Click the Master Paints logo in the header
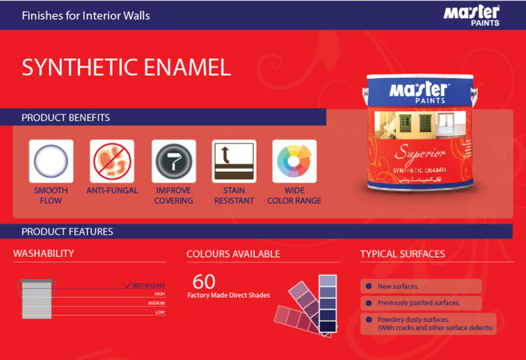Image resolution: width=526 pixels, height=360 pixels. (x=470, y=15)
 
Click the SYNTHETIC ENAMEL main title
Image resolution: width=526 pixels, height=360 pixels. (x=126, y=68)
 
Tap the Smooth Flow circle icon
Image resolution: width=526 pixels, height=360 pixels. (x=51, y=161)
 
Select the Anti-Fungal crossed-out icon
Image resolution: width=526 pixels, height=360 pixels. (x=113, y=161)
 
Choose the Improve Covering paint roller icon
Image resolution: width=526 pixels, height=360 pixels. (x=174, y=161)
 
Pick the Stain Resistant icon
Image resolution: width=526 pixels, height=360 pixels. (x=234, y=161)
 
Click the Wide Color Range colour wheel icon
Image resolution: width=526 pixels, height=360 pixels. (x=294, y=161)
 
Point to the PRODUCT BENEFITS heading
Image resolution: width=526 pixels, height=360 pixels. (x=66, y=118)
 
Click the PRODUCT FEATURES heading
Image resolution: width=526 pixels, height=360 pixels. (x=67, y=232)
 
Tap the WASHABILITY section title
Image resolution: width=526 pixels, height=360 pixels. (x=44, y=254)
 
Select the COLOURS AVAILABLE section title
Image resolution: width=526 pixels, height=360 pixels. (x=233, y=254)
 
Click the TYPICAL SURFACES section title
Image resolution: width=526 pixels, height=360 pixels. (x=403, y=254)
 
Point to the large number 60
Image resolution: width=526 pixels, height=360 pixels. (x=204, y=281)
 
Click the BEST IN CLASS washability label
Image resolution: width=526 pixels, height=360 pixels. (x=148, y=285)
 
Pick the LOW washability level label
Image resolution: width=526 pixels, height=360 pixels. (x=160, y=312)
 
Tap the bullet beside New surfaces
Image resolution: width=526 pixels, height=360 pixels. (x=369, y=286)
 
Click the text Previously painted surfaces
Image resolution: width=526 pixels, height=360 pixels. (x=419, y=302)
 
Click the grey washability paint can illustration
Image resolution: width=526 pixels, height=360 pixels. (x=37, y=299)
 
